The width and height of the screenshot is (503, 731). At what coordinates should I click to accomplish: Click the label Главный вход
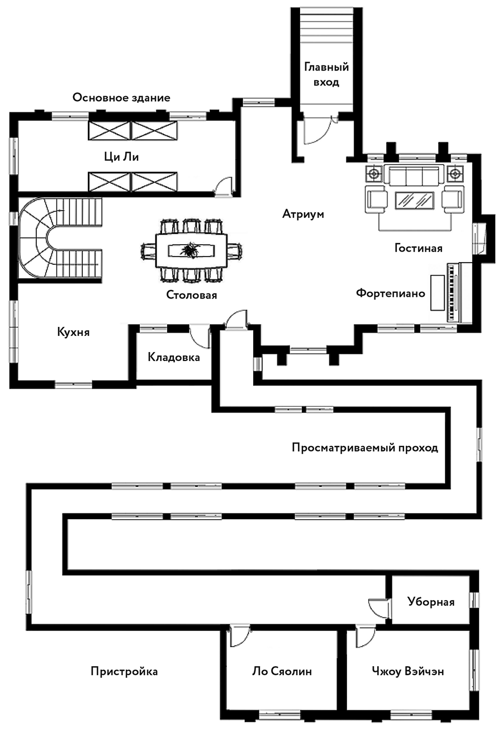click(326, 75)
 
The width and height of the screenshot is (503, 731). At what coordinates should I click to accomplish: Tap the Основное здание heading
click(121, 98)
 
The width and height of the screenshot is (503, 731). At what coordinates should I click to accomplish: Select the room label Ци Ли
click(121, 157)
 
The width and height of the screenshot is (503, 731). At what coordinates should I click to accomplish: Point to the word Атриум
click(303, 213)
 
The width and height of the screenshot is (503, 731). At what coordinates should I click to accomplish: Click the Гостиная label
click(418, 248)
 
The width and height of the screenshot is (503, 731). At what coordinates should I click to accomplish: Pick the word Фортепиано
click(391, 293)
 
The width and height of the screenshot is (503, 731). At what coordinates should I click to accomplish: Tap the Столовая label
click(191, 295)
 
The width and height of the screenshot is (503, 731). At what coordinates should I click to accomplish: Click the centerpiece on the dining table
click(191, 250)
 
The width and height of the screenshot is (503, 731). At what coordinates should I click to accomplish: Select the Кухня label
click(73, 332)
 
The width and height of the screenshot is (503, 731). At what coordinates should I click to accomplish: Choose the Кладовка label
click(174, 357)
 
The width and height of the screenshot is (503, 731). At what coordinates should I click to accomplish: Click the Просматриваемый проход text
click(365, 448)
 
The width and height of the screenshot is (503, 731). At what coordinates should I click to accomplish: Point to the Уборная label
click(431, 602)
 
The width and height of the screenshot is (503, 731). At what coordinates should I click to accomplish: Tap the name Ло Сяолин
click(282, 671)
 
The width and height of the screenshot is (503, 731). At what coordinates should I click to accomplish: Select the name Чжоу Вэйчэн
click(407, 671)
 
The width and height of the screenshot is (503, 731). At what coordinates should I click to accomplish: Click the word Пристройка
click(124, 671)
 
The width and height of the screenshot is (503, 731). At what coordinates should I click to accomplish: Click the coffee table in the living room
click(415, 200)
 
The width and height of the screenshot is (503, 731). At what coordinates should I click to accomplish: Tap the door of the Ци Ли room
click(224, 186)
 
